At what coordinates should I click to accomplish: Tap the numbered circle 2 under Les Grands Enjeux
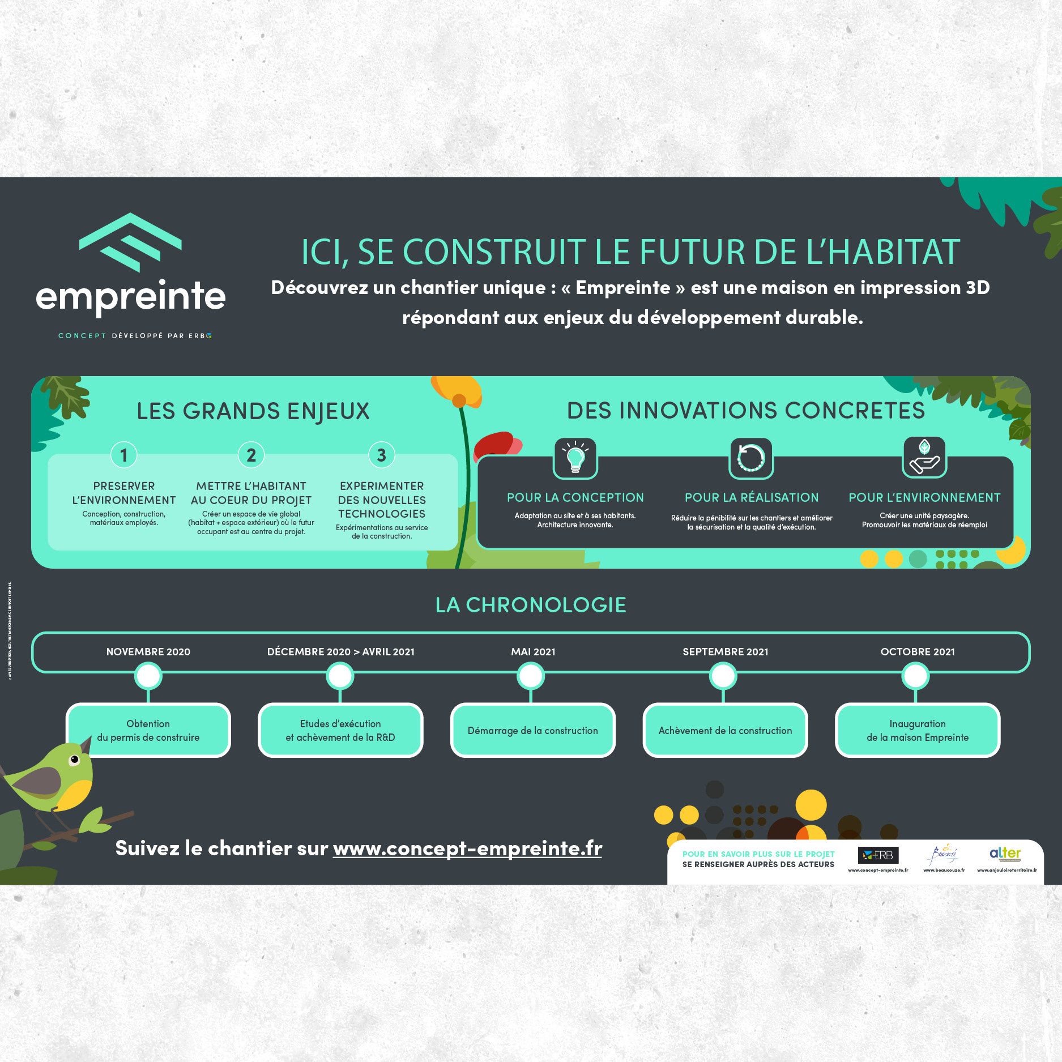pos(251,455)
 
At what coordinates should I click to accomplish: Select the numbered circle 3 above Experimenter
pos(382,455)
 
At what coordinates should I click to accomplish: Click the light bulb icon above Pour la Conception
pos(575,458)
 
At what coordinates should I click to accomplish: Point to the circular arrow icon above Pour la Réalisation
pos(751,458)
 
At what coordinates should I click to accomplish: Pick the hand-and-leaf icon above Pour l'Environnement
pos(924,457)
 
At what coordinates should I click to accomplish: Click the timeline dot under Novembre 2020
pos(148,676)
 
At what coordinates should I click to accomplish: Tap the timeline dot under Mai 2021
pos(531,676)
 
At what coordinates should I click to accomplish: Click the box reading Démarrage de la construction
pos(532,731)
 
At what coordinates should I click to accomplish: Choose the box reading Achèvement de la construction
pos(725,731)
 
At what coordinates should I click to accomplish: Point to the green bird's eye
pos(74,760)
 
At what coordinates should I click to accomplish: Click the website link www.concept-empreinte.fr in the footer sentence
pos(467,848)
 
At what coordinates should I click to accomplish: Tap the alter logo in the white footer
pos(1005,854)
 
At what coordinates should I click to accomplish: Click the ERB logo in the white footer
pos(878,855)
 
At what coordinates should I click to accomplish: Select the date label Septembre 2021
pos(725,652)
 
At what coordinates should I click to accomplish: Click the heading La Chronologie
pos(531,605)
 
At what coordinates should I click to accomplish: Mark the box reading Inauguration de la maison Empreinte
pos(918,731)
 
